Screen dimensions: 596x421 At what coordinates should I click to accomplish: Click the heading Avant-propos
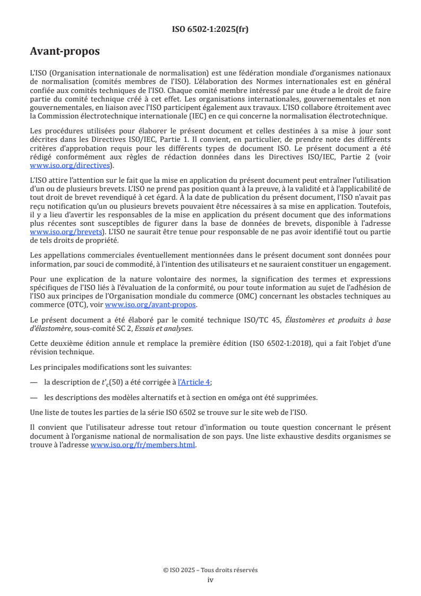point(65,52)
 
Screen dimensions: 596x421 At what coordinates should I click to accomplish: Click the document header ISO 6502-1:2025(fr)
point(210,29)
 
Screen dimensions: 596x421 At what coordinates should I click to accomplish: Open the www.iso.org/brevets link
point(66,232)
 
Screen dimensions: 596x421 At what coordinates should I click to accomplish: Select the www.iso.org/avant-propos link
point(151,304)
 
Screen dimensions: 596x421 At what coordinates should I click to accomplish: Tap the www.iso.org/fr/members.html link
point(143,445)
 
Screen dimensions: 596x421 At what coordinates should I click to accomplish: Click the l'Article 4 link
point(195,382)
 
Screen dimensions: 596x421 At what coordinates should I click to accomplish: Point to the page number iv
point(210,580)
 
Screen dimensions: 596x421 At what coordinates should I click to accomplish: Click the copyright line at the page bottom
point(210,570)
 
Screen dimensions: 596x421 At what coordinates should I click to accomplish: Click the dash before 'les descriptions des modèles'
point(34,397)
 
